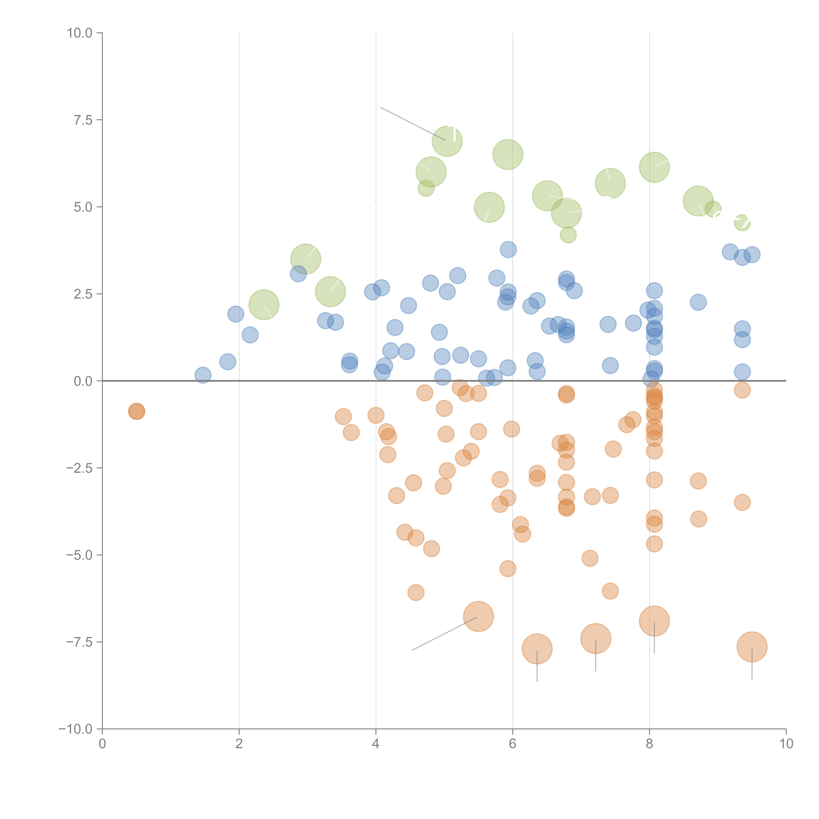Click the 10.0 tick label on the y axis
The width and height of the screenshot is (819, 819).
tap(80, 33)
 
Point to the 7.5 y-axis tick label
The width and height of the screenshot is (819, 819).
tap(83, 120)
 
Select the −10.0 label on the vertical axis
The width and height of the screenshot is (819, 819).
tap(76, 729)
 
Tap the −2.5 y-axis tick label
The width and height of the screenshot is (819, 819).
tap(80, 468)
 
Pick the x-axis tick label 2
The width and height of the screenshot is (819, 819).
tap(239, 744)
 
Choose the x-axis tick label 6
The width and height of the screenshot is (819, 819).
tap(513, 744)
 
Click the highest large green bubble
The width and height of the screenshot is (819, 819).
tap(447, 141)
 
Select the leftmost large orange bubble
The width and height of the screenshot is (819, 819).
tap(479, 616)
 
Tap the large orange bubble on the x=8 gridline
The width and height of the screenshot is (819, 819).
tap(654, 621)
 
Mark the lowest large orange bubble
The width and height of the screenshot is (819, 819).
tap(537, 649)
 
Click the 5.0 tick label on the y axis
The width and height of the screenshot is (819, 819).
tap(83, 207)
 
